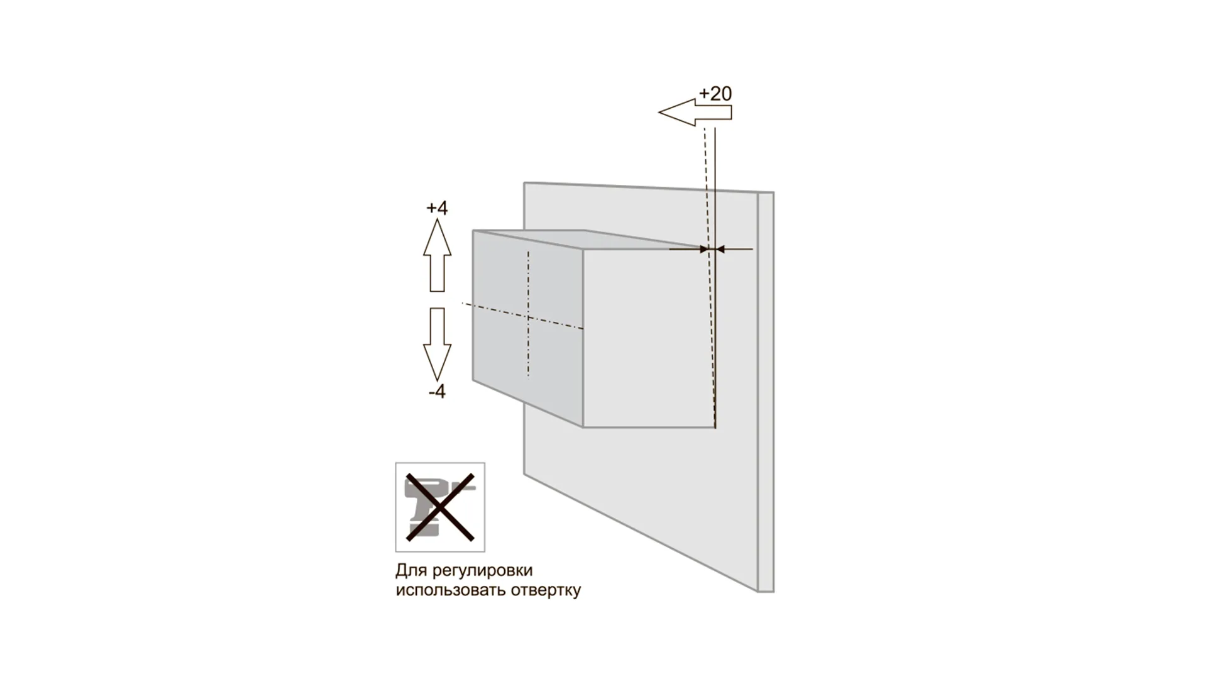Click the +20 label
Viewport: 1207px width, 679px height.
715,94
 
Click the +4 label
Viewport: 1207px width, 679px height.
437,208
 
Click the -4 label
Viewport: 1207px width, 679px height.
437,392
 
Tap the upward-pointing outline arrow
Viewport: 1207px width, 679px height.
437,255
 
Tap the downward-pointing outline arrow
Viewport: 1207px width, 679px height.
437,344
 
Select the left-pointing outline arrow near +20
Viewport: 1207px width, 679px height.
695,113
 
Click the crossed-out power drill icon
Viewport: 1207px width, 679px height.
440,507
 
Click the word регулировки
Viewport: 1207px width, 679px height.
483,571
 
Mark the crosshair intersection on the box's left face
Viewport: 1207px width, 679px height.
528,317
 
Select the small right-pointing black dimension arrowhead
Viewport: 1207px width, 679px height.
704,250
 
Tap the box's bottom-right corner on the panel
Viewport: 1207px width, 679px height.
715,428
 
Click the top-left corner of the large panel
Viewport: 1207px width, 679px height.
524,183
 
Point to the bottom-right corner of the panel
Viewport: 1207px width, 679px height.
774,592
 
